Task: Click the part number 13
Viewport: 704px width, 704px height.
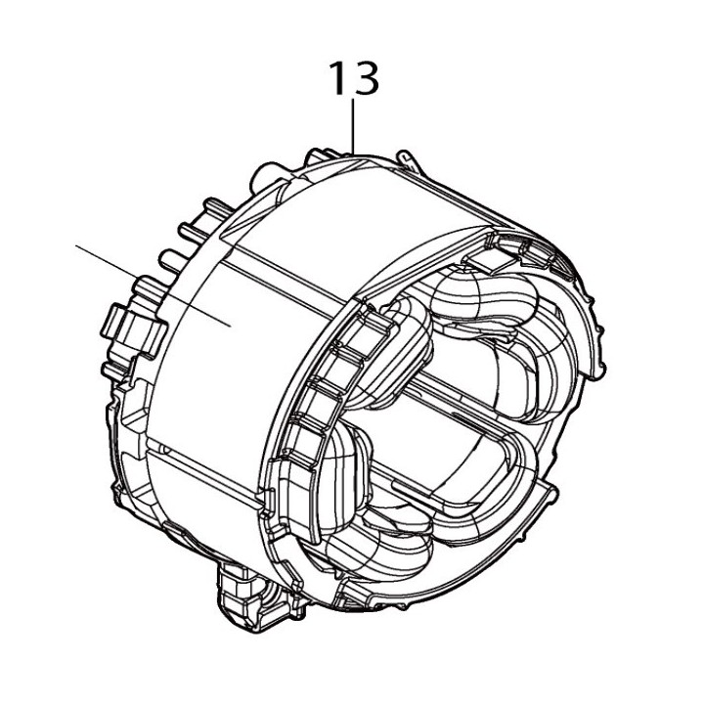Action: pos(353,78)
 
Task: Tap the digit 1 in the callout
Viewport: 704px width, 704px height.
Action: pos(336,78)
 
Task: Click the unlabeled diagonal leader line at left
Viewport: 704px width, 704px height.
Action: pos(147,283)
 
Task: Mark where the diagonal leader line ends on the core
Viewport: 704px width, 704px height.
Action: pos(229,327)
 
